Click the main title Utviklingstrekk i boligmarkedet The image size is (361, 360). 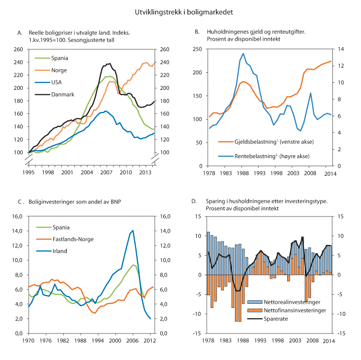pos(180,11)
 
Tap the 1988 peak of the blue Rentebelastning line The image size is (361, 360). pos(243,53)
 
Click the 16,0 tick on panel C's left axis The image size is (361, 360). pos(18,216)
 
